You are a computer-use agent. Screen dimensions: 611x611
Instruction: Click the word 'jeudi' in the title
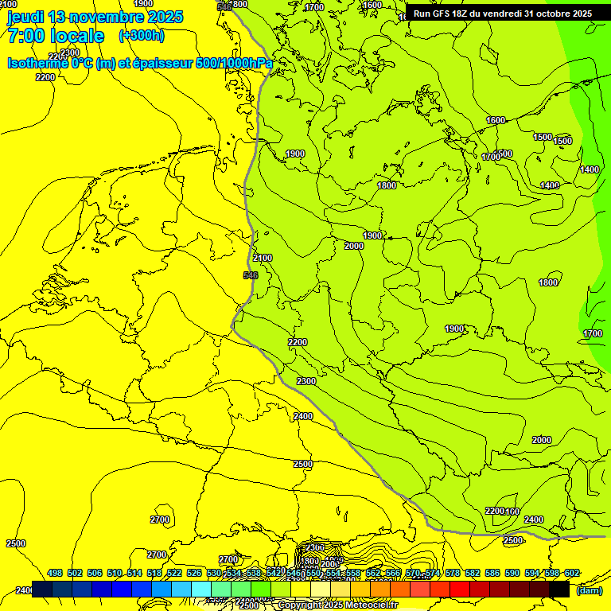(25, 17)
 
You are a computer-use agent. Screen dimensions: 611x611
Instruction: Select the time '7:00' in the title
(25, 36)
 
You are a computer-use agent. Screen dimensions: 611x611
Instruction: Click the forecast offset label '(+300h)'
(141, 36)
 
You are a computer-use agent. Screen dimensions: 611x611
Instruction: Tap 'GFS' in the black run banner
(445, 14)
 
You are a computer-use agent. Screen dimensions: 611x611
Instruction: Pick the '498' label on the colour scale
(55, 573)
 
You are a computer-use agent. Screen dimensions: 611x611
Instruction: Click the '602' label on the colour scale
(571, 573)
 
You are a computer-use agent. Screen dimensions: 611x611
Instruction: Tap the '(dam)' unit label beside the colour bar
(590, 590)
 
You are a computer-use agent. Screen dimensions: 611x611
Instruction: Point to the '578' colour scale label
(453, 573)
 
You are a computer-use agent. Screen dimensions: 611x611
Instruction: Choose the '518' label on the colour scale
(154, 573)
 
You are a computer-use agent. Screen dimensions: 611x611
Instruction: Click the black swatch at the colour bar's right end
(559, 589)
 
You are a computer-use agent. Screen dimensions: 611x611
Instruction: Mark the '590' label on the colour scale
(512, 573)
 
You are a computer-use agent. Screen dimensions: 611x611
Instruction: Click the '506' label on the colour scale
(95, 573)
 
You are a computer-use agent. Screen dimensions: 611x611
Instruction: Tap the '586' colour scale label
(492, 573)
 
